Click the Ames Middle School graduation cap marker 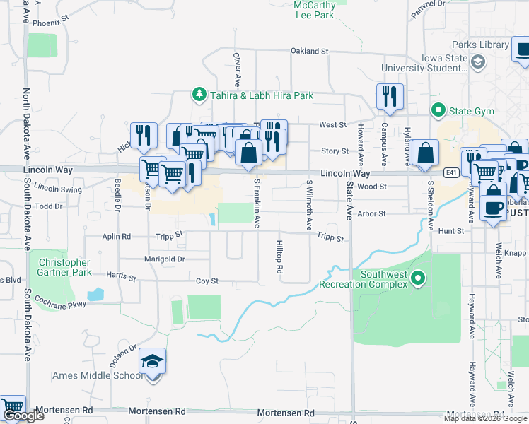pyautogui.click(x=152, y=363)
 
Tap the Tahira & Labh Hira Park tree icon pyautogui.click(x=200, y=95)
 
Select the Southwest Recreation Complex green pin pyautogui.click(x=418, y=278)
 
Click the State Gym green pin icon pyautogui.click(x=438, y=111)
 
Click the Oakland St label pyautogui.click(x=310, y=51)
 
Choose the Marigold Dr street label pyautogui.click(x=163, y=259)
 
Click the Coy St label pyautogui.click(x=207, y=281)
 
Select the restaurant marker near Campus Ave pyautogui.click(x=389, y=96)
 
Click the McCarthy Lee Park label pyautogui.click(x=313, y=10)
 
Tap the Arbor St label pyautogui.click(x=371, y=213)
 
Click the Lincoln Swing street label pyautogui.click(x=58, y=189)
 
